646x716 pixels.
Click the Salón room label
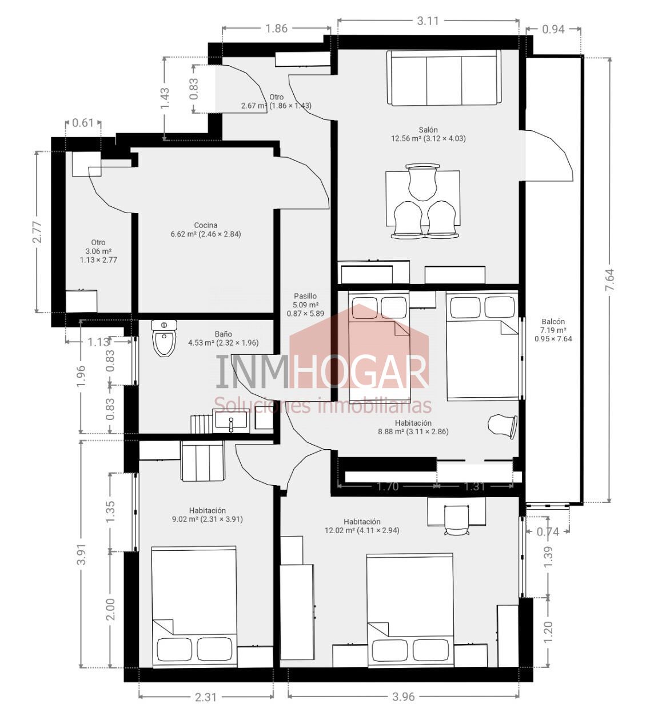tap(428, 130)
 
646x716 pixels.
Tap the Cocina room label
tap(205, 225)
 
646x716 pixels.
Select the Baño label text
tap(223, 334)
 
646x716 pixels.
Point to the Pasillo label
tap(305, 296)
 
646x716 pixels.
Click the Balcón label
tap(553, 322)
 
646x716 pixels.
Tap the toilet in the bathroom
tap(164, 338)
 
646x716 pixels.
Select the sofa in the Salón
tap(444, 78)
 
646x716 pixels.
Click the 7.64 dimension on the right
tap(611, 279)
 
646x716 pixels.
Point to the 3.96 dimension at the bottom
tap(404, 697)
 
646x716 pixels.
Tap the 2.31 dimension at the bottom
tap(206, 697)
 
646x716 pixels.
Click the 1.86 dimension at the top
tap(276, 29)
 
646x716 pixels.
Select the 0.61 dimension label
tap(83, 123)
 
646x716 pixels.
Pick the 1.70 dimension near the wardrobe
tap(388, 486)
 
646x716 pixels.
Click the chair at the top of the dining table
tap(422, 182)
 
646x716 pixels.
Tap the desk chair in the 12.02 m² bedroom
tap(456, 519)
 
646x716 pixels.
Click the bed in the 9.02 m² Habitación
tap(194, 606)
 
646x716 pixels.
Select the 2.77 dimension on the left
tap(38, 233)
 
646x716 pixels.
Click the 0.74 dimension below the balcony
tap(548, 532)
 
